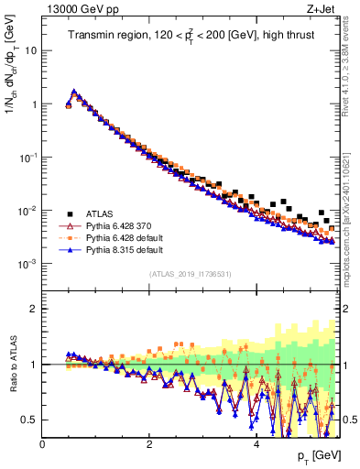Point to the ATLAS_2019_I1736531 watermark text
tap(190, 274)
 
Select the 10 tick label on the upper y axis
tap(30, 50)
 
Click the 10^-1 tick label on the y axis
tap(27, 157)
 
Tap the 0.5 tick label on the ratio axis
tap(28, 420)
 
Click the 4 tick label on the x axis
tap(256, 445)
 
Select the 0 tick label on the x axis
tap(42, 445)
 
